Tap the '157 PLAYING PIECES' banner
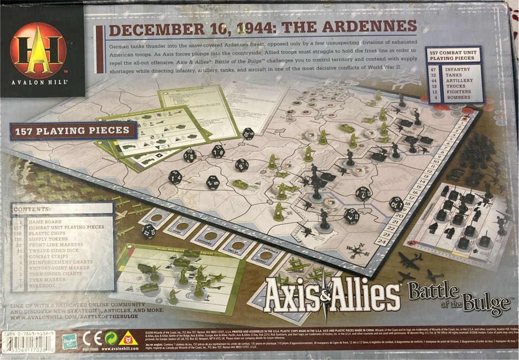(73, 130)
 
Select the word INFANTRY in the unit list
(457, 69)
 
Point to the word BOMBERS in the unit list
(457, 97)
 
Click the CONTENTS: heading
(32, 209)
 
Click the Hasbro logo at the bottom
(70, 340)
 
